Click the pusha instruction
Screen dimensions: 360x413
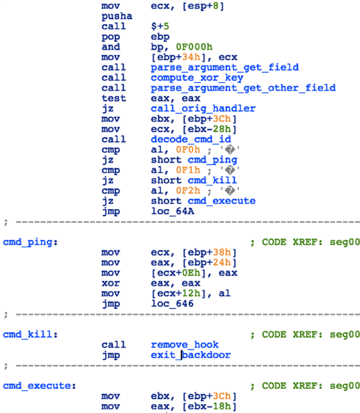point(117,16)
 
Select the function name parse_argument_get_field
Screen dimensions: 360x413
point(225,67)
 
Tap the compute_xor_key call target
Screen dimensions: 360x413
point(197,78)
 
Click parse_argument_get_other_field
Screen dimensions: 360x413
point(243,88)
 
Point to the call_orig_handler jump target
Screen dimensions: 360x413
point(203,109)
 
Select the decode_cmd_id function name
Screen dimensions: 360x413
point(191,139)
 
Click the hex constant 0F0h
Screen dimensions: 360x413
point(188,149)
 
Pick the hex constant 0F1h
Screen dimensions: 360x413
point(188,170)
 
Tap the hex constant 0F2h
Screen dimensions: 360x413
point(188,191)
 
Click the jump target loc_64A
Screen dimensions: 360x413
point(172,211)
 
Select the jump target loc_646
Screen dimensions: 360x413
point(172,304)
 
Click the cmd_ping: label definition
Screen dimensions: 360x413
point(31,242)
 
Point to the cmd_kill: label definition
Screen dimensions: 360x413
point(31,334)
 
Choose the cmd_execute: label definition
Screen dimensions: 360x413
point(39,386)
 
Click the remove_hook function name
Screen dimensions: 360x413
point(184,345)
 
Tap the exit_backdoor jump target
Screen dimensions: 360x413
point(191,355)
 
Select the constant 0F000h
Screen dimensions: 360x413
point(194,47)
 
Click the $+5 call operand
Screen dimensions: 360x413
point(160,26)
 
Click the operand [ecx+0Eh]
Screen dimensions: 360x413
point(178,273)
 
